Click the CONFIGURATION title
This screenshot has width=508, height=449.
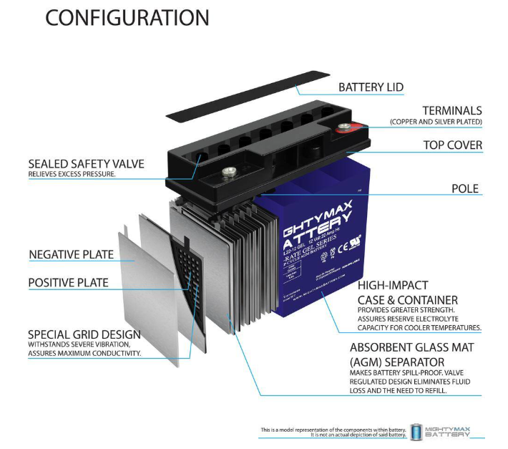[x=127, y=18]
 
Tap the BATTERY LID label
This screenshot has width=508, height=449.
[x=371, y=87]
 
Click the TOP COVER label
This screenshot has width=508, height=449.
[x=452, y=145]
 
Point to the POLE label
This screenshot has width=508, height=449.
[x=464, y=189]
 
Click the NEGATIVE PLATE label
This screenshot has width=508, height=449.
[x=71, y=254]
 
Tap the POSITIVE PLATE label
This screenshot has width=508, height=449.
[x=69, y=283]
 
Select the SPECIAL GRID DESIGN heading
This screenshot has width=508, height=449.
[x=84, y=334]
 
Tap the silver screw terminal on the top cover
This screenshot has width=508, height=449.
[x=230, y=171]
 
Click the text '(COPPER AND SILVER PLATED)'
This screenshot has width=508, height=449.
[x=436, y=122]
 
